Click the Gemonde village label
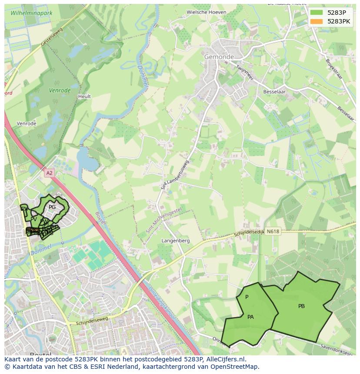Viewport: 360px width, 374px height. point(219,57)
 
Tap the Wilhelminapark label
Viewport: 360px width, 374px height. point(31,13)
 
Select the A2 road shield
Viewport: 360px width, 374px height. point(49,173)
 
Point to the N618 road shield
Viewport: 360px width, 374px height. point(273,232)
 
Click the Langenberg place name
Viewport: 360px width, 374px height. point(176,240)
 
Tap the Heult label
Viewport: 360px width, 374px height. point(84,96)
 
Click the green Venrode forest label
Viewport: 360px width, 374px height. point(60,91)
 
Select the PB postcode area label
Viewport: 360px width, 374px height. point(301,306)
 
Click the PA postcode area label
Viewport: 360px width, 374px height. point(250,317)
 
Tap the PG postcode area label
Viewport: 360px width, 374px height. point(52,207)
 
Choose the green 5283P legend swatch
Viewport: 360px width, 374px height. point(317,13)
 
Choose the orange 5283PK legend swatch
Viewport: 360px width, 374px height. point(317,21)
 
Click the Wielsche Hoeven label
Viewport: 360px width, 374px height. point(206,13)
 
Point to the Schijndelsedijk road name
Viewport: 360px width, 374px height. point(249,233)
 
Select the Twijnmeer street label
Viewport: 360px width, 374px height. point(244,73)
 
